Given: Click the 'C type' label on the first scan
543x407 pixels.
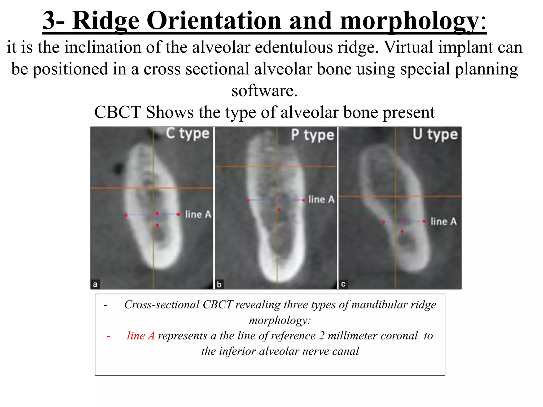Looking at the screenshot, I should coord(188,134).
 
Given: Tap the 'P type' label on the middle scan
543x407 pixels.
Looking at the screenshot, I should coord(313,135).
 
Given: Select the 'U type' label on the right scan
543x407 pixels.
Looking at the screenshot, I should coord(435,134).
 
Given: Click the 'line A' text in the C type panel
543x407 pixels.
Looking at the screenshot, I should coord(198,214).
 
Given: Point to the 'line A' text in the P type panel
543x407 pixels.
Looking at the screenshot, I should coord(321,200).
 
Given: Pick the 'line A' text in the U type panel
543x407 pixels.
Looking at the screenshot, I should coord(444,222).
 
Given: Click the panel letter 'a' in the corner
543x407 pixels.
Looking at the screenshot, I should coord(95,285).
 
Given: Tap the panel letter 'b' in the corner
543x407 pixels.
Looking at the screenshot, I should coord(219,285).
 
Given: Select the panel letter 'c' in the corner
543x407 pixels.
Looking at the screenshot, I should coord(343,284).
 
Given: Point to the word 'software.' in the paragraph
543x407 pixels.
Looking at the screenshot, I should coord(265,91).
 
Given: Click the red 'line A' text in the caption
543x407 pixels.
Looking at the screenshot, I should coord(141,336).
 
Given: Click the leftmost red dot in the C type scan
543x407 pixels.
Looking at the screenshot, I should coord(126,215).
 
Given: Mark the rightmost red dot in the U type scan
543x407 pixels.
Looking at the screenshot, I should coord(424,221).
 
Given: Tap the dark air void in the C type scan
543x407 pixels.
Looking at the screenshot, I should coord(118,168).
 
